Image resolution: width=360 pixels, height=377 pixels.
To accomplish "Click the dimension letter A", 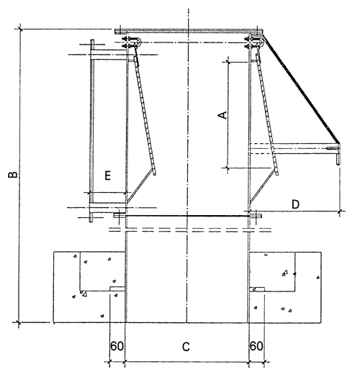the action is [222, 115].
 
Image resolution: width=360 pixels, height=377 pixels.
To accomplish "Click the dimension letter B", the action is [13, 175].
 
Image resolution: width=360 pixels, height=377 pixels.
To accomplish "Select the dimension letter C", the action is [186, 347].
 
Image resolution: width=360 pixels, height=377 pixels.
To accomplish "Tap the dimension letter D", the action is [295, 204].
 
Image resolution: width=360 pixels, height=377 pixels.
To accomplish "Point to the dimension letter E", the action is [107, 176].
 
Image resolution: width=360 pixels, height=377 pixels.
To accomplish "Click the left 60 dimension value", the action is [117, 346].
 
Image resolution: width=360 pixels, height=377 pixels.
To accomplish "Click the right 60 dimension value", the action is [256, 346].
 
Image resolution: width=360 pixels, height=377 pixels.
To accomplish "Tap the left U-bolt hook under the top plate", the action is [139, 42].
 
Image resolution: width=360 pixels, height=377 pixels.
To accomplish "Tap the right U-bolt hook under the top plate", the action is [261, 42].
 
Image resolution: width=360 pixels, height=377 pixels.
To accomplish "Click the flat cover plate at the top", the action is [189, 31].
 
